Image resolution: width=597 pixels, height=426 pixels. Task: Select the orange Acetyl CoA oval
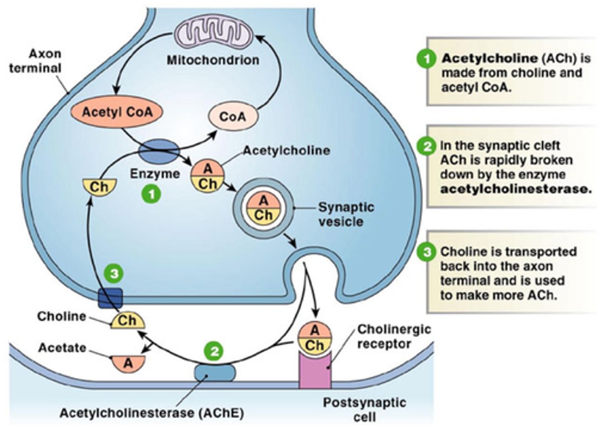click(117, 112)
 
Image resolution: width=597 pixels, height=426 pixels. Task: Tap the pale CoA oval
click(233, 116)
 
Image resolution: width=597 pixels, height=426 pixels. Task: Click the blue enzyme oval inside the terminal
click(159, 151)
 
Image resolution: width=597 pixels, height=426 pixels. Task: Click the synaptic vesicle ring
click(263, 208)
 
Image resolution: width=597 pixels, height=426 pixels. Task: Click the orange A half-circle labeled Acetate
click(128, 362)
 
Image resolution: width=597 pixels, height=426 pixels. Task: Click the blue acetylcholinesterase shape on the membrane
click(215, 372)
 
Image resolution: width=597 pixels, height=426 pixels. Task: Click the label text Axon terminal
click(36, 61)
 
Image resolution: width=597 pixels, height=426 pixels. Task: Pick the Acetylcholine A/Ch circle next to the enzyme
click(207, 176)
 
